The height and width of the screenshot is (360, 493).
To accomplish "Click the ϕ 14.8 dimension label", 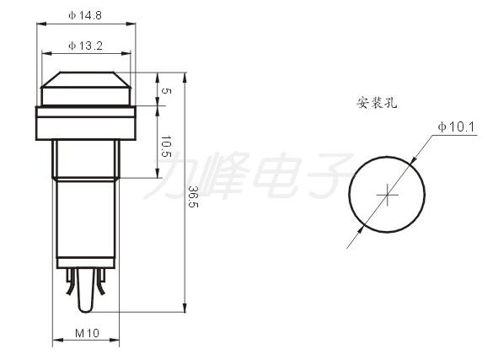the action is [x=85, y=15].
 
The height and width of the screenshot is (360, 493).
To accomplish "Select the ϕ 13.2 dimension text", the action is [x=85, y=46].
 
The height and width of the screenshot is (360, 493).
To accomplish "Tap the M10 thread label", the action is [x=87, y=333].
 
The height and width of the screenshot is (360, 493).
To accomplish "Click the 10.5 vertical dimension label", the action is [x=166, y=146].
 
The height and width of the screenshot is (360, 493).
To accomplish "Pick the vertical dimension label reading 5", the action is [x=166, y=91].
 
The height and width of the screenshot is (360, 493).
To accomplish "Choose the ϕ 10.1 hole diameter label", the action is [x=456, y=127].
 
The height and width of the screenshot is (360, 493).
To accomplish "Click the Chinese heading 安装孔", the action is [x=377, y=103].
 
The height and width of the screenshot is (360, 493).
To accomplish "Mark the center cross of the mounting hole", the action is [x=388, y=195].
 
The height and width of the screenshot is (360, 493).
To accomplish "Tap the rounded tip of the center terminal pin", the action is [x=85, y=309].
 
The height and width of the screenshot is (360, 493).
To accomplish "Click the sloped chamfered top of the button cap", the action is [x=85, y=79].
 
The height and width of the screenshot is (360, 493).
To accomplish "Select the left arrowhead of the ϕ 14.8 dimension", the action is [x=41, y=24].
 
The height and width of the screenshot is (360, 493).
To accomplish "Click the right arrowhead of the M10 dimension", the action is [x=115, y=340].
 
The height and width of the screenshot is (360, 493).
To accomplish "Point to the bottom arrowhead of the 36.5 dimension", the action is [x=185, y=308].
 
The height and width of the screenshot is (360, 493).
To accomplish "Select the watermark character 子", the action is [x=327, y=175].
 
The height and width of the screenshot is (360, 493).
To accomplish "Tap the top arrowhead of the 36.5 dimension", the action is [x=185, y=78].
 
